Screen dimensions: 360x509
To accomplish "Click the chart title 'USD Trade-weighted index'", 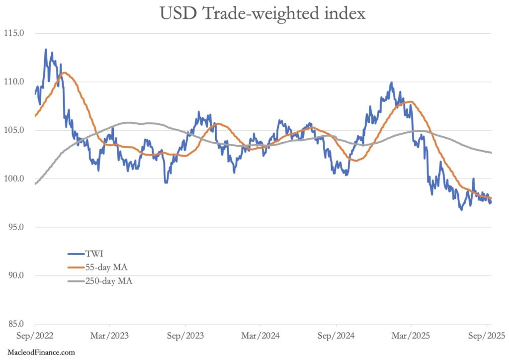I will pos(262,13).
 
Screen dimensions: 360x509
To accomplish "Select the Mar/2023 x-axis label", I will pos(109,336).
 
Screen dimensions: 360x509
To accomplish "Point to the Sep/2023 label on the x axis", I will pos(185,336).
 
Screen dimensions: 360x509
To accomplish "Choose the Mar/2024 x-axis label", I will pos(260,336).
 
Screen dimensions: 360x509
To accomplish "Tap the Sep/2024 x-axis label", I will pos(336,336).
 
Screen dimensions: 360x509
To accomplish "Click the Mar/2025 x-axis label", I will pos(411,336).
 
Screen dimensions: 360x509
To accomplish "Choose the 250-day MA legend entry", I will pos(104,281).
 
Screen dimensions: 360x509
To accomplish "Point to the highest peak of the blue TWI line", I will pos(46,49).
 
